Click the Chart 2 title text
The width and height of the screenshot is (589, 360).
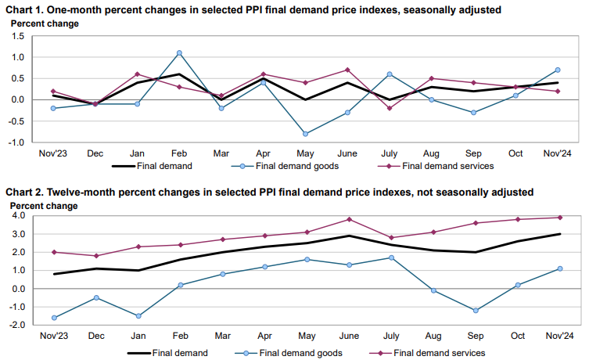(x=270, y=191)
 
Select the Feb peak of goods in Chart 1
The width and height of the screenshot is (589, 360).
(x=179, y=53)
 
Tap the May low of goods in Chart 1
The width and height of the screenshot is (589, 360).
(x=305, y=134)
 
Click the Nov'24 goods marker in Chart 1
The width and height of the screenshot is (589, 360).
(x=557, y=70)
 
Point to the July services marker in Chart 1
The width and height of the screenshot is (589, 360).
(x=390, y=108)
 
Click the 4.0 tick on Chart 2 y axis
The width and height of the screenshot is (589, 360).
(x=20, y=215)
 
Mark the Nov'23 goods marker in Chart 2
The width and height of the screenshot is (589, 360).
(x=54, y=318)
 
